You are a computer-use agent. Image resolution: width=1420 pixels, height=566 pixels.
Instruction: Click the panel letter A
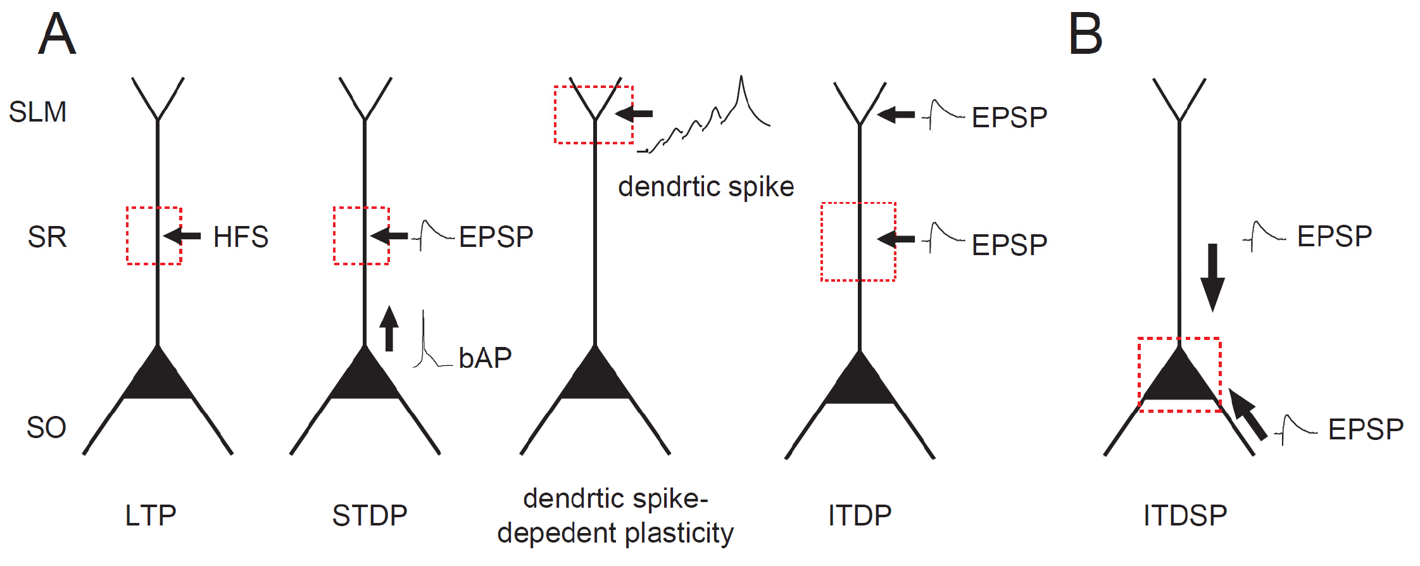tap(57, 34)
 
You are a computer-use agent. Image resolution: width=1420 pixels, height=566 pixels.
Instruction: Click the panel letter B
tap(1085, 34)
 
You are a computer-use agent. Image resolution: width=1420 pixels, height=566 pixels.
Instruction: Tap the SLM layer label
tap(37, 112)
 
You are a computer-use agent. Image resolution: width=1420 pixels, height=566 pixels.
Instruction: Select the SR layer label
tap(47, 237)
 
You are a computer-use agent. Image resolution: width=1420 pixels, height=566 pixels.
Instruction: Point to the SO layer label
tap(46, 428)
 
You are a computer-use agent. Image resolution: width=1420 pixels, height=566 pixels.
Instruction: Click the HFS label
tap(241, 237)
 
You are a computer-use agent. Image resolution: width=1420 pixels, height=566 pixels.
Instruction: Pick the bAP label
tap(485, 358)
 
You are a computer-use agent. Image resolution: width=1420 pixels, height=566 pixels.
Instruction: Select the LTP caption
tap(151, 515)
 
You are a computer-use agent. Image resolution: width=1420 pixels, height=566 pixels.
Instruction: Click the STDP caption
tap(370, 515)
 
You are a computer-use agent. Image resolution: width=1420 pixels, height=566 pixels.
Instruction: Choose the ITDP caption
tap(860, 515)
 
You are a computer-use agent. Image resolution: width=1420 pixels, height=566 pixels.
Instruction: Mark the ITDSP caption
tap(1185, 515)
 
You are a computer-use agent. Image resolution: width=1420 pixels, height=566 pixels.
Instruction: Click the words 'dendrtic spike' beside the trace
tap(706, 187)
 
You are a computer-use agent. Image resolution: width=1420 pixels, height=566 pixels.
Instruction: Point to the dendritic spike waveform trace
tap(709, 120)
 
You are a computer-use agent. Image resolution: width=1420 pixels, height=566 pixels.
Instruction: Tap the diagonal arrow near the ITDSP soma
tap(1247, 415)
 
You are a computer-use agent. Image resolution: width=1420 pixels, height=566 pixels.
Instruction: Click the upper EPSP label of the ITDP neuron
tap(1009, 118)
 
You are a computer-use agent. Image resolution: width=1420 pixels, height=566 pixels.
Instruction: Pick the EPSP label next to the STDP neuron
tap(496, 237)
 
